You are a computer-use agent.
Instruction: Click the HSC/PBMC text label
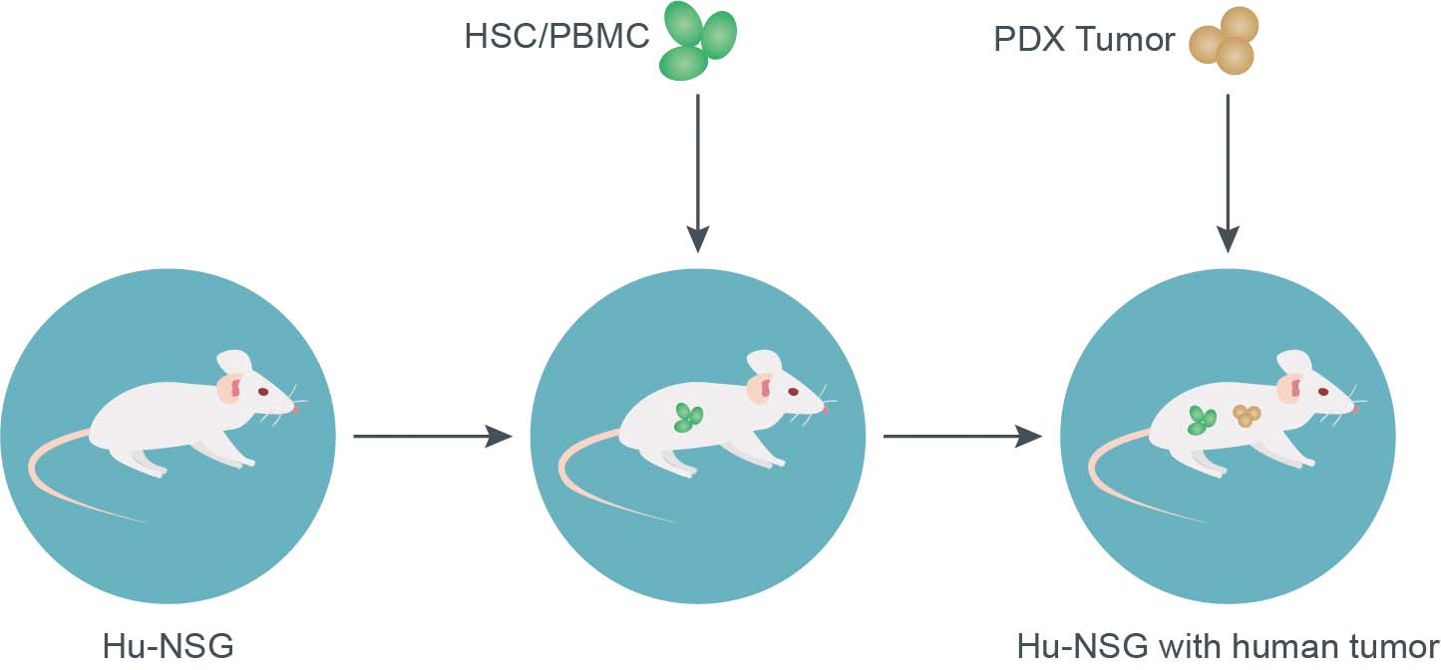point(556,38)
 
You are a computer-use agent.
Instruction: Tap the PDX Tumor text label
point(1084,40)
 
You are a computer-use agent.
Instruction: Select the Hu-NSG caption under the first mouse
point(168,646)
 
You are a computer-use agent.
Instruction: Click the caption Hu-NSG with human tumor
point(1228,646)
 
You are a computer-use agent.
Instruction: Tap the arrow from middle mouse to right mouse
point(961,436)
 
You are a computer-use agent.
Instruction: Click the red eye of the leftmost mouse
point(263,392)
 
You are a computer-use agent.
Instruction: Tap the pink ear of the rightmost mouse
point(1292,388)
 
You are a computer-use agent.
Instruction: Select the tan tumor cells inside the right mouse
point(1246,416)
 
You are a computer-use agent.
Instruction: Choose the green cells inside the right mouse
point(1202,420)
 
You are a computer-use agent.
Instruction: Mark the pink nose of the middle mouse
point(826,409)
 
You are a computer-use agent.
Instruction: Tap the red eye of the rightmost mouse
point(1322,392)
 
